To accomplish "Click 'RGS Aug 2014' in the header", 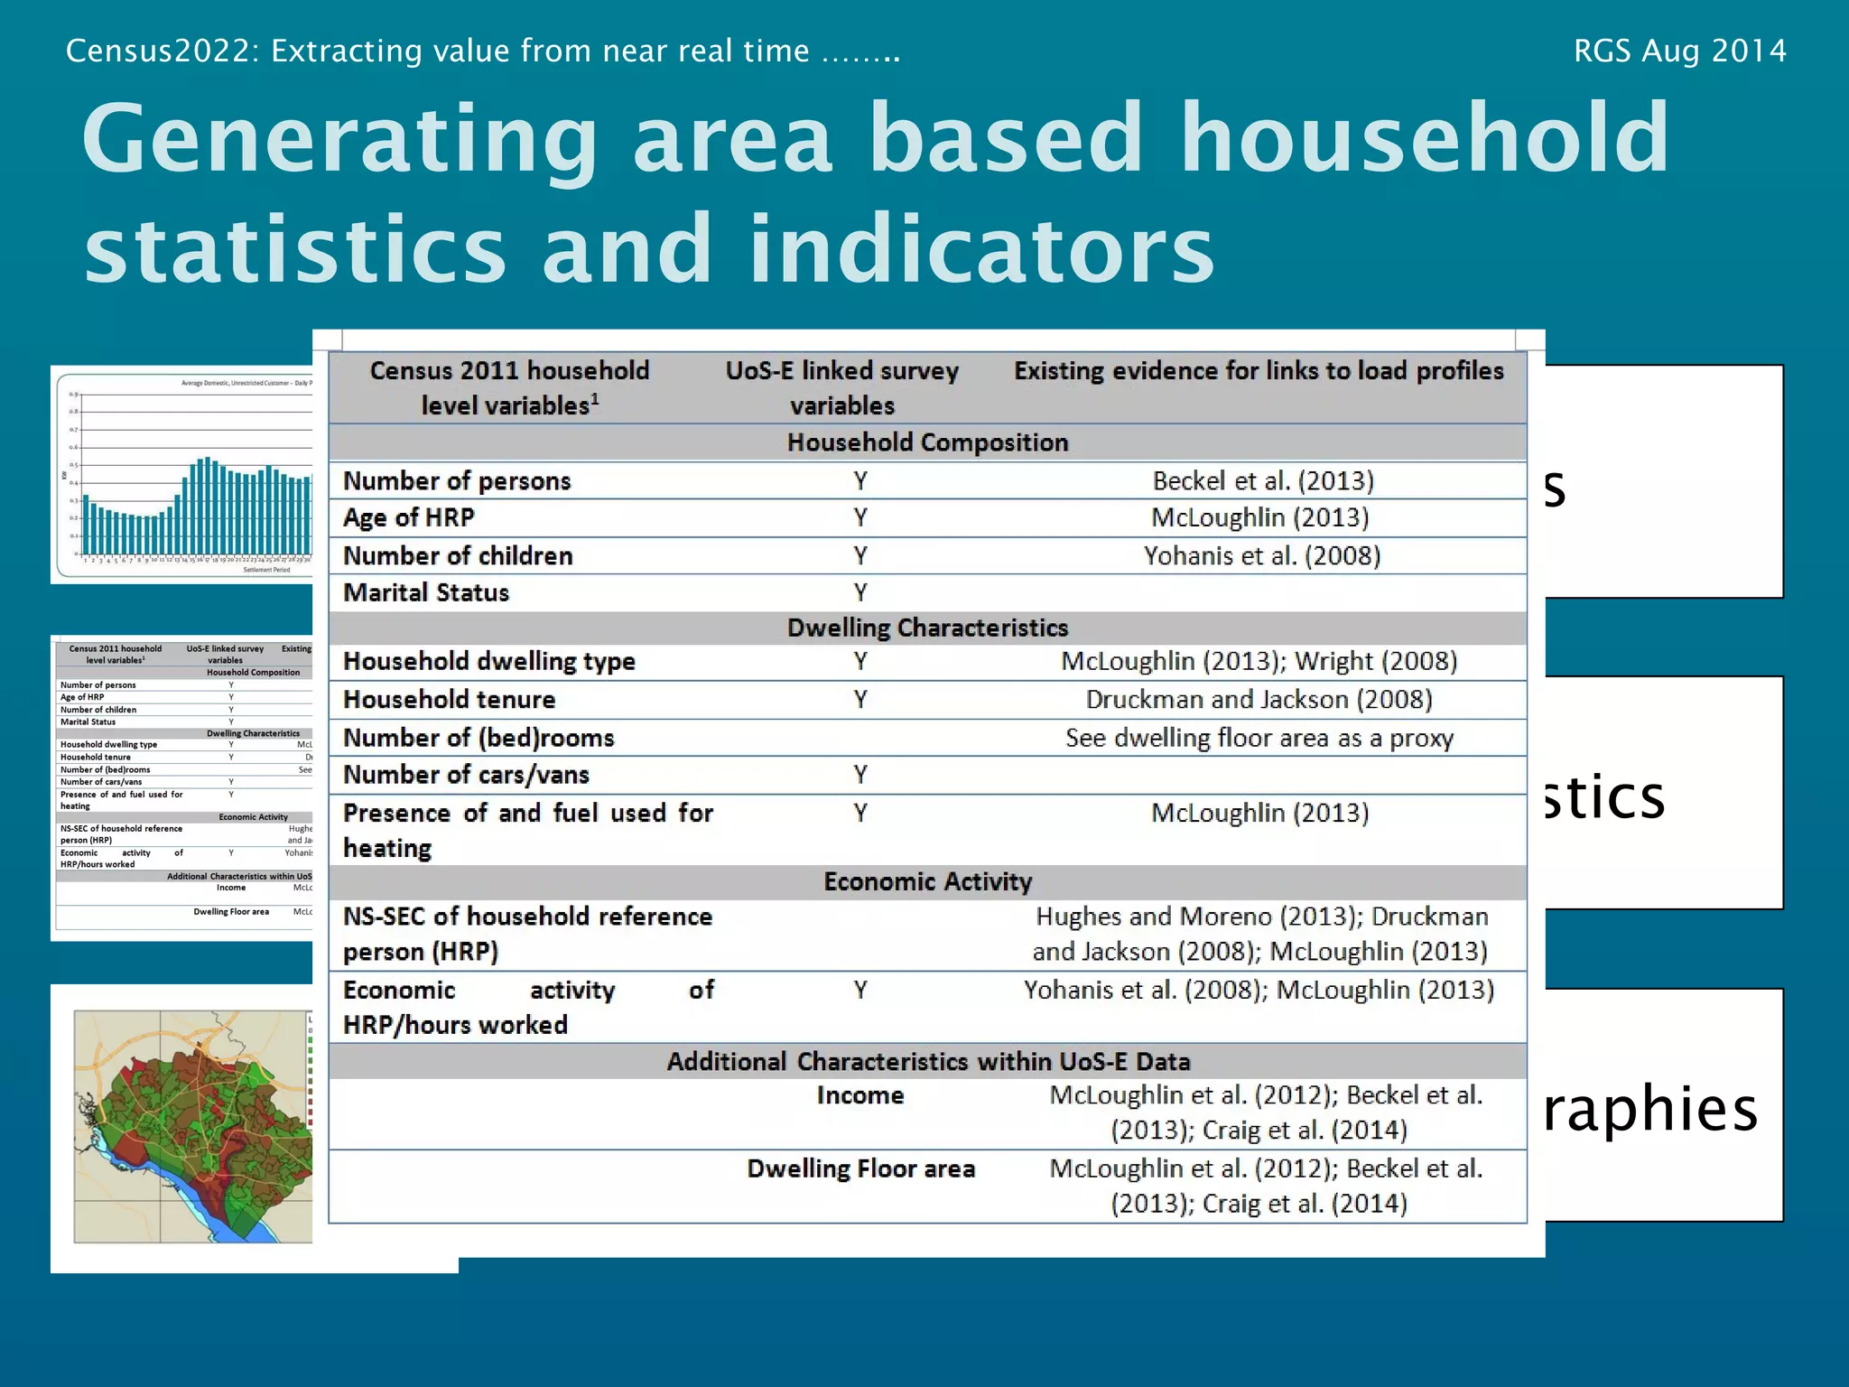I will [x=1679, y=51].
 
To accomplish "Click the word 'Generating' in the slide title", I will [x=339, y=140].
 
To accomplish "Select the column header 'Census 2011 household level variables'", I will [x=509, y=388].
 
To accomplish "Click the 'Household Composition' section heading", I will [x=927, y=442].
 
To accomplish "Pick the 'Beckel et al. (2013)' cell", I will [x=1262, y=480].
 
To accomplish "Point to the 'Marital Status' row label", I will [x=426, y=592].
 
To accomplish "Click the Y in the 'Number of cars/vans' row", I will [x=860, y=775].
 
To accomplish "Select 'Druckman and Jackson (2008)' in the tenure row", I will [x=1259, y=700].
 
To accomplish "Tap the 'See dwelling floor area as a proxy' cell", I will [x=1259, y=738].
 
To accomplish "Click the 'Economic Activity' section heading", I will [x=927, y=881].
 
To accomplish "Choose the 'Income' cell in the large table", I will [x=859, y=1095].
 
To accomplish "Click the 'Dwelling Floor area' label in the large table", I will [x=860, y=1168].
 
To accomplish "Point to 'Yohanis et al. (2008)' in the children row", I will [x=1261, y=555].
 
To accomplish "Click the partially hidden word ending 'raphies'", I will [x=1650, y=1109].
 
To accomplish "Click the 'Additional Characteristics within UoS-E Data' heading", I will [x=927, y=1061].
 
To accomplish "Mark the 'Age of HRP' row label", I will [x=408, y=517].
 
